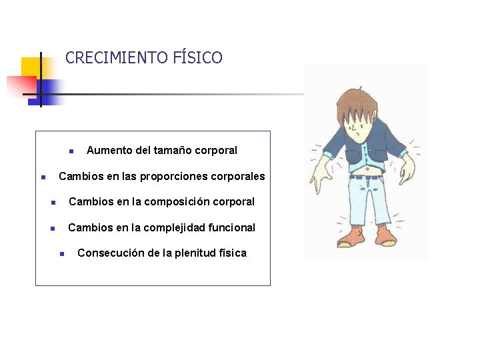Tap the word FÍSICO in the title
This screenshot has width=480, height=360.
click(x=198, y=58)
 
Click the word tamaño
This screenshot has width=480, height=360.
click(x=171, y=151)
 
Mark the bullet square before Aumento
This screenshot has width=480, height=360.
click(x=71, y=151)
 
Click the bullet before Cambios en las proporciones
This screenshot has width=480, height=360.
click(x=42, y=177)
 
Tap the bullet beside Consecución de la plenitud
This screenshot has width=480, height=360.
click(x=61, y=254)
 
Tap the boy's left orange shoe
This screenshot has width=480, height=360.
click(x=350, y=235)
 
